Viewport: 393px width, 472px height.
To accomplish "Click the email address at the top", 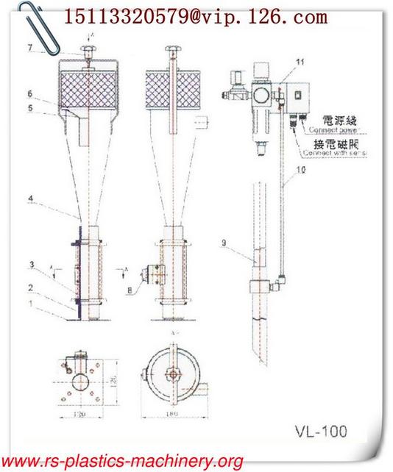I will pos(196,15).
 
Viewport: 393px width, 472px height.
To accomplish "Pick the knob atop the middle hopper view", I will pos(173,51).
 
